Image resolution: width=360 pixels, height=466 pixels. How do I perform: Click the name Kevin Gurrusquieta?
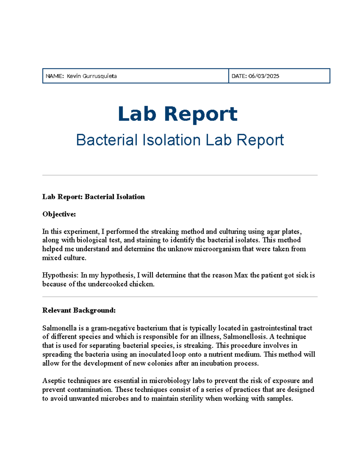(x=91, y=76)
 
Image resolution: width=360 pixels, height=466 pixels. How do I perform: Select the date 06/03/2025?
(x=264, y=76)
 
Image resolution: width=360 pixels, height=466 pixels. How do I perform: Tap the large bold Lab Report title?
(x=178, y=114)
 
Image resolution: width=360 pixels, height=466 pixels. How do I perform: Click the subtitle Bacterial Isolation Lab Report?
(x=180, y=140)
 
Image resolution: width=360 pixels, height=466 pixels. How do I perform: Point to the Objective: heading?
(x=59, y=214)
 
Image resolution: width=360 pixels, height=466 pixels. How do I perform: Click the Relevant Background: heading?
(x=79, y=310)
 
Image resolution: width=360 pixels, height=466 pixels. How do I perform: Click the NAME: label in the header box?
(x=55, y=76)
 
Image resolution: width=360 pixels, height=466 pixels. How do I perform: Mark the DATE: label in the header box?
(x=239, y=76)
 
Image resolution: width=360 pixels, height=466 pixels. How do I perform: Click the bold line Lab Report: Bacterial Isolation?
(x=93, y=197)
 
